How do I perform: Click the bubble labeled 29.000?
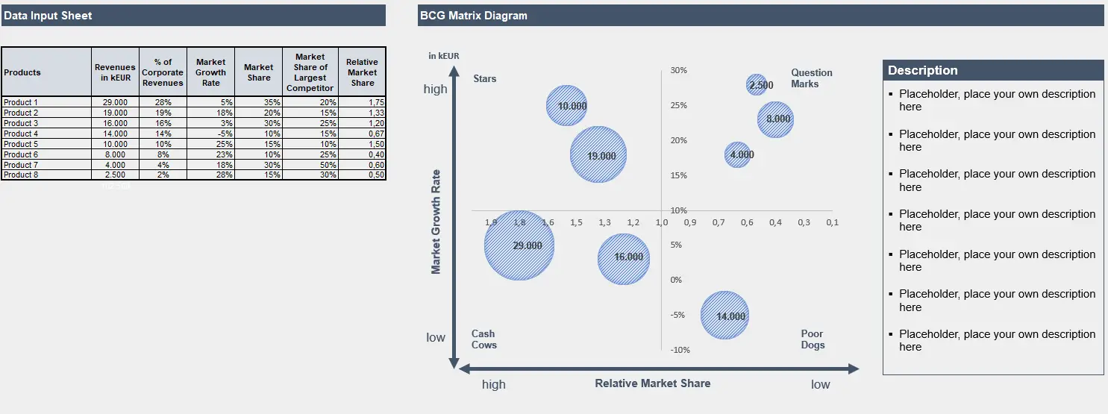tap(519, 245)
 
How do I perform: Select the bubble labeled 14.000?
tap(724, 316)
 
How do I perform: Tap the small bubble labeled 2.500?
tap(757, 85)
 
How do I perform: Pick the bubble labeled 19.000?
tap(598, 155)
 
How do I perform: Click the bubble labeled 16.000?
tap(625, 258)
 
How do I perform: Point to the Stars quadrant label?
tap(485, 78)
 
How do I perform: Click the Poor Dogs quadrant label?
tap(813, 339)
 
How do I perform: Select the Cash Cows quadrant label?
tap(483, 339)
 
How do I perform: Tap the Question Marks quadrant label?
tap(811, 78)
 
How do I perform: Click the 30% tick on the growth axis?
tap(678, 70)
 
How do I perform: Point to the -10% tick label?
tap(679, 350)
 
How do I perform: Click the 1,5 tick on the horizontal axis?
tap(576, 222)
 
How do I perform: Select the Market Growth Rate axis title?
tap(436, 222)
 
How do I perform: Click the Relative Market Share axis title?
tap(652, 383)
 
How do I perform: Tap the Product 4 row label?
tap(21, 134)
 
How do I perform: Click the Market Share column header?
tap(258, 72)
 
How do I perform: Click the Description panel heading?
tap(923, 70)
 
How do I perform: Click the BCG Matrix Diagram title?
tap(473, 16)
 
